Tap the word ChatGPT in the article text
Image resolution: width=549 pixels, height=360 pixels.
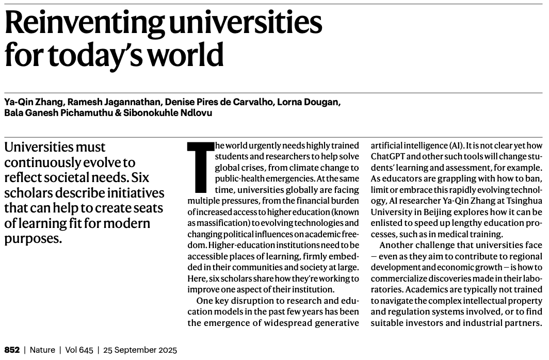coord(390,156)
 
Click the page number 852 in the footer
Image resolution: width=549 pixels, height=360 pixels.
coord(12,350)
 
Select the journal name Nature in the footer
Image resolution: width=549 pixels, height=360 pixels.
coord(43,350)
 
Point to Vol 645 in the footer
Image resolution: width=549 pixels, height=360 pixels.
coord(79,350)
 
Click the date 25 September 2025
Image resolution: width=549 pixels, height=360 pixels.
coord(140,350)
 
